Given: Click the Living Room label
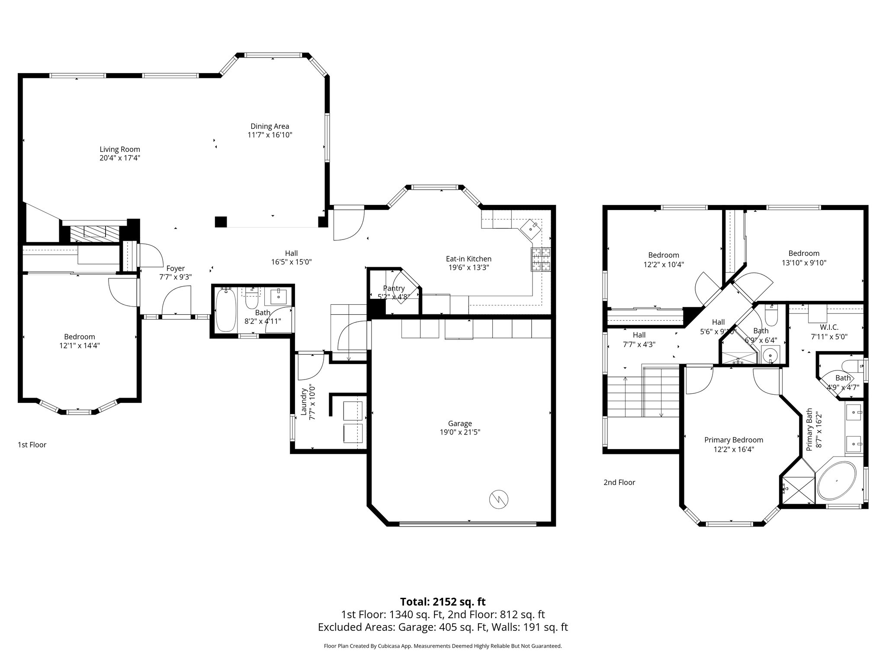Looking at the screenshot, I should (x=120, y=150).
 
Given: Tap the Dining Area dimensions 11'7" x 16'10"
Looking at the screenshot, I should (x=270, y=135).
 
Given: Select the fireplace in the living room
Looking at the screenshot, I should (x=95, y=233).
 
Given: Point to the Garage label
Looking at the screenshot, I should (x=460, y=424).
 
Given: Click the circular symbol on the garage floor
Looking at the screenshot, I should (x=498, y=500).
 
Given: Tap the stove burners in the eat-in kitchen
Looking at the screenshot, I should (x=541, y=259).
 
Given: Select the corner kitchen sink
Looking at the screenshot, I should (x=531, y=228).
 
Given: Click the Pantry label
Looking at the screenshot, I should (x=394, y=288).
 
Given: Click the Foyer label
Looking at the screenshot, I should (x=176, y=268).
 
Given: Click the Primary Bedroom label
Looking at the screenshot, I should (x=734, y=440).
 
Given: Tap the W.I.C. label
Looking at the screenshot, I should (x=829, y=327).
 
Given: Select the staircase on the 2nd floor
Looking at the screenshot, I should (x=643, y=396).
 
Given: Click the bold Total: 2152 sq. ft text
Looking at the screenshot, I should (x=443, y=602).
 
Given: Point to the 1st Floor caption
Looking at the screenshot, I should (x=32, y=445).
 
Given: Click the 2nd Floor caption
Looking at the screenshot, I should (x=619, y=482).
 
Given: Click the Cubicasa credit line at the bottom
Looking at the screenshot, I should (x=443, y=646).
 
